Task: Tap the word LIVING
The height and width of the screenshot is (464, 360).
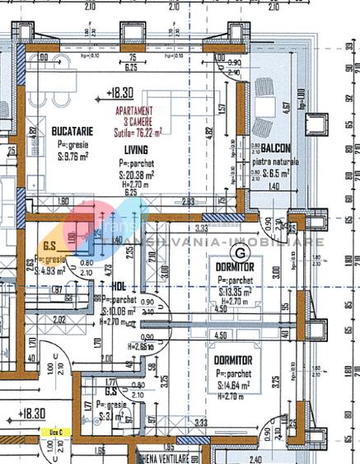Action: pyautogui.click(x=136, y=149)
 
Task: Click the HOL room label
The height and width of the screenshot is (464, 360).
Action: pyautogui.click(x=117, y=286)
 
